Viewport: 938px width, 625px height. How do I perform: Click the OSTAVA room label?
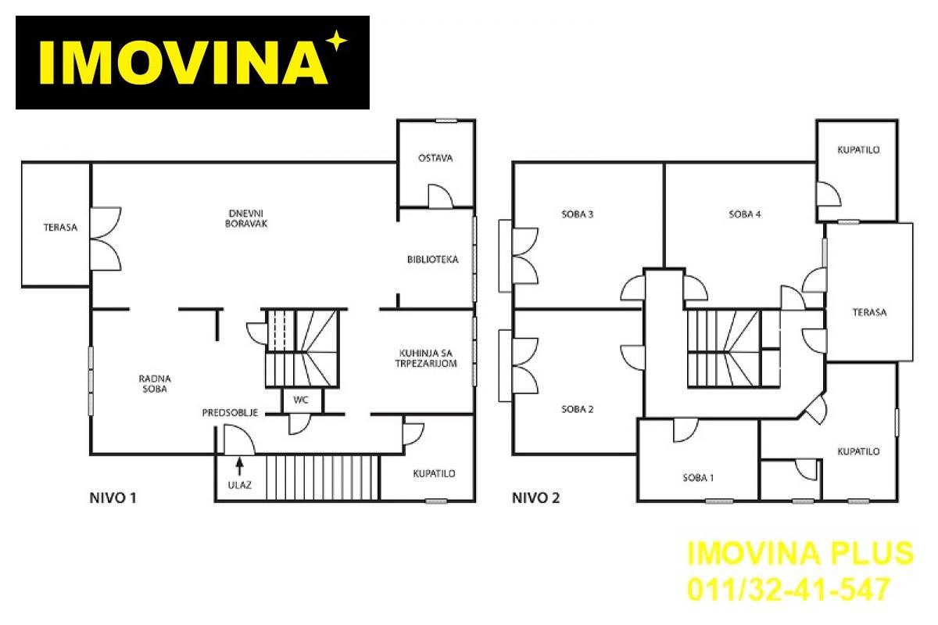(x=435, y=158)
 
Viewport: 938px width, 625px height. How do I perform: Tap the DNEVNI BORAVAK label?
(x=245, y=219)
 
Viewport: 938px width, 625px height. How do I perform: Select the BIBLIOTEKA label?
(x=432, y=260)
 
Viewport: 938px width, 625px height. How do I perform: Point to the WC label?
(x=301, y=400)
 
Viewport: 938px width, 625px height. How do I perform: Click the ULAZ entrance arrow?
(x=239, y=466)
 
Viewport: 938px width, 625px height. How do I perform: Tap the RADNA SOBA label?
(x=155, y=383)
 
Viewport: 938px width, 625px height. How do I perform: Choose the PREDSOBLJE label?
(x=230, y=413)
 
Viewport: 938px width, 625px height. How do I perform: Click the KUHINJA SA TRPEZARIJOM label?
(x=426, y=358)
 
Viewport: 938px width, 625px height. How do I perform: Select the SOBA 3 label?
(x=577, y=214)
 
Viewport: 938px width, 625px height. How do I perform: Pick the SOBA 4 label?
(x=744, y=214)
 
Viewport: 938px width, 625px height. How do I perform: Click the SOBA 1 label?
(x=698, y=477)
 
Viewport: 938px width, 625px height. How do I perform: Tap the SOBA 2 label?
(x=577, y=408)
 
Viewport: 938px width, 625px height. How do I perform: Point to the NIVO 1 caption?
(x=113, y=498)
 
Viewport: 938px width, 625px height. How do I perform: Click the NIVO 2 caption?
(x=535, y=498)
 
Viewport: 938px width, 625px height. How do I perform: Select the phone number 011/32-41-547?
(x=789, y=589)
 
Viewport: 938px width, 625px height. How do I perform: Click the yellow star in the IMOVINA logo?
(x=337, y=41)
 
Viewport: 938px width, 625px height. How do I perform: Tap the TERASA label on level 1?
(x=60, y=227)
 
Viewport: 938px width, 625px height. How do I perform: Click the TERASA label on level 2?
(x=869, y=312)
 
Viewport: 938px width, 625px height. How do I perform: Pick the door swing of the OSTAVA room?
(x=441, y=196)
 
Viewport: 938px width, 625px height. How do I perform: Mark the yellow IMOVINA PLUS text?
(x=800, y=553)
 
